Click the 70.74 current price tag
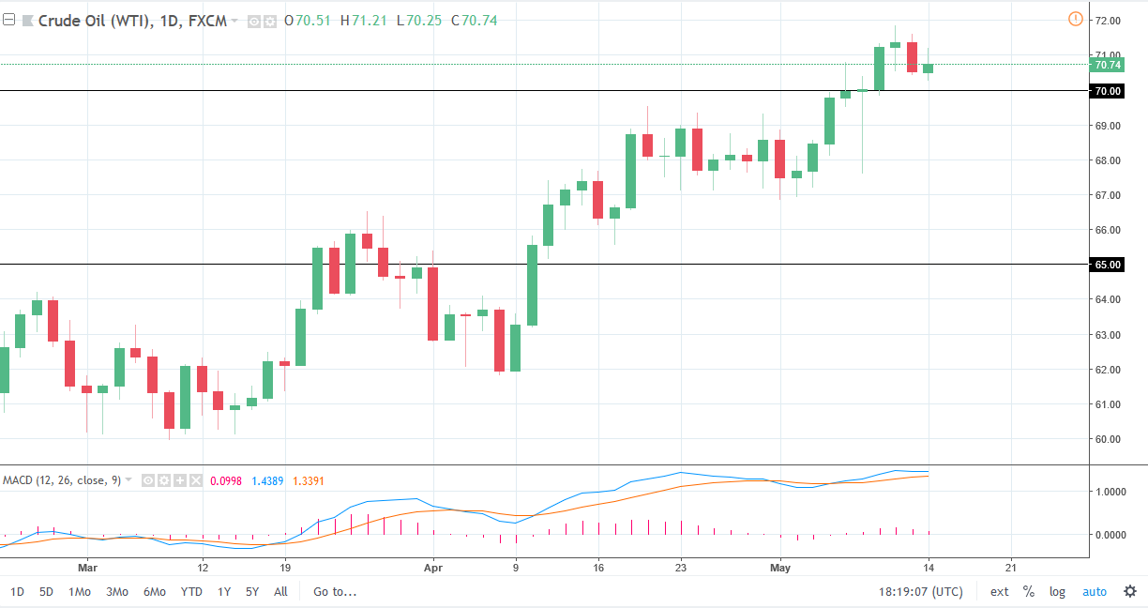point(1108,65)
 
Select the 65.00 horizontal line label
point(1108,265)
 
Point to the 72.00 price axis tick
point(1108,21)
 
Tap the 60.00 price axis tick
point(1108,439)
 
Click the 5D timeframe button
point(46,592)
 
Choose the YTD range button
point(191,592)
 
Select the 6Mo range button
point(155,592)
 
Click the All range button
point(280,592)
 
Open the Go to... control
point(336,592)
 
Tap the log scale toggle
point(1057,592)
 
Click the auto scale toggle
point(1095,592)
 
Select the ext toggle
point(1000,592)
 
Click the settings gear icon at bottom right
point(1130,592)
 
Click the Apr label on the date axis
point(432,568)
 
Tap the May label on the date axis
point(780,568)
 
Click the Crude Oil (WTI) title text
point(88,21)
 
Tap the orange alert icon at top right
point(1075,19)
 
